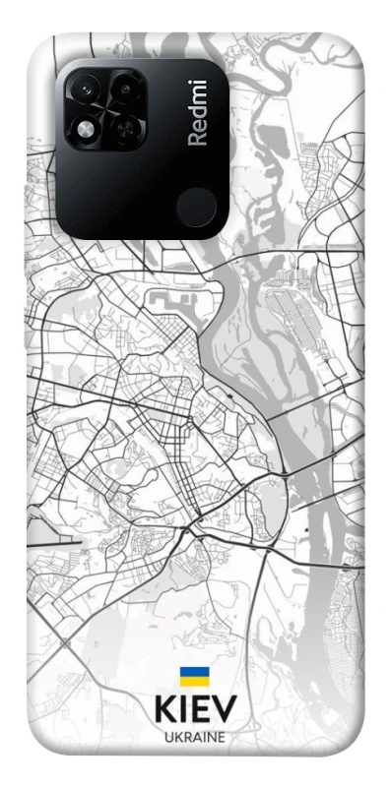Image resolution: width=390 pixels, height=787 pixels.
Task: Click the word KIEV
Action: [195, 710]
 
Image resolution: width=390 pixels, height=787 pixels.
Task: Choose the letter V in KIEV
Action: [225, 710]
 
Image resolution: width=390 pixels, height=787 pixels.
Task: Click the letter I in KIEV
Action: [182, 710]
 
